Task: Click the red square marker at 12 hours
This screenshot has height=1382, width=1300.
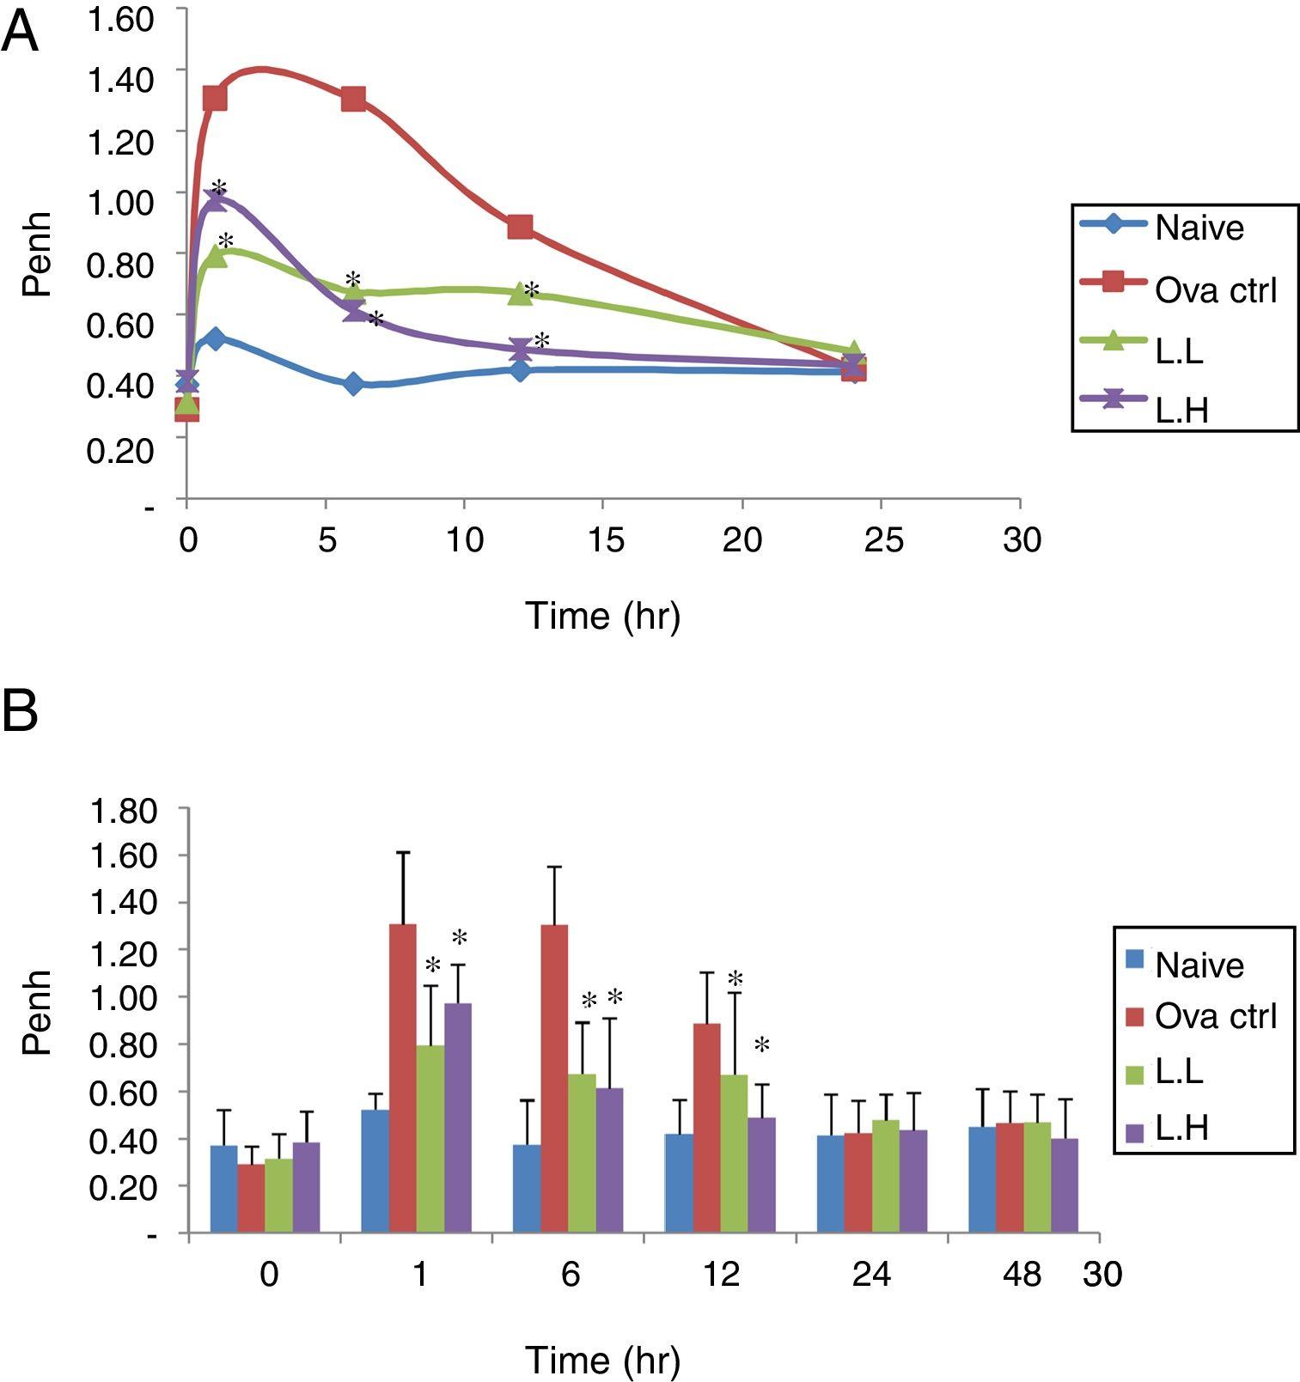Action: click(x=520, y=228)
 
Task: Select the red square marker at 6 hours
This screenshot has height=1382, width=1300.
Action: click(x=353, y=99)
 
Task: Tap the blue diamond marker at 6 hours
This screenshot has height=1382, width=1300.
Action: click(x=353, y=384)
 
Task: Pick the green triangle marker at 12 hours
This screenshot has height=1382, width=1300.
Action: click(x=520, y=293)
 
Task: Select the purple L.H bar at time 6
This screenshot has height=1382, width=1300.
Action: click(x=608, y=1160)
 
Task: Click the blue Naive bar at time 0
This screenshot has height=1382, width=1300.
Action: click(x=224, y=1189)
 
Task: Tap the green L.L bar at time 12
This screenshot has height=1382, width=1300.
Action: click(x=734, y=1153)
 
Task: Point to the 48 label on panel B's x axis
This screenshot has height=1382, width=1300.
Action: click(x=1022, y=1275)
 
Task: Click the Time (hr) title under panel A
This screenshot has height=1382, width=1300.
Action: click(x=602, y=615)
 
